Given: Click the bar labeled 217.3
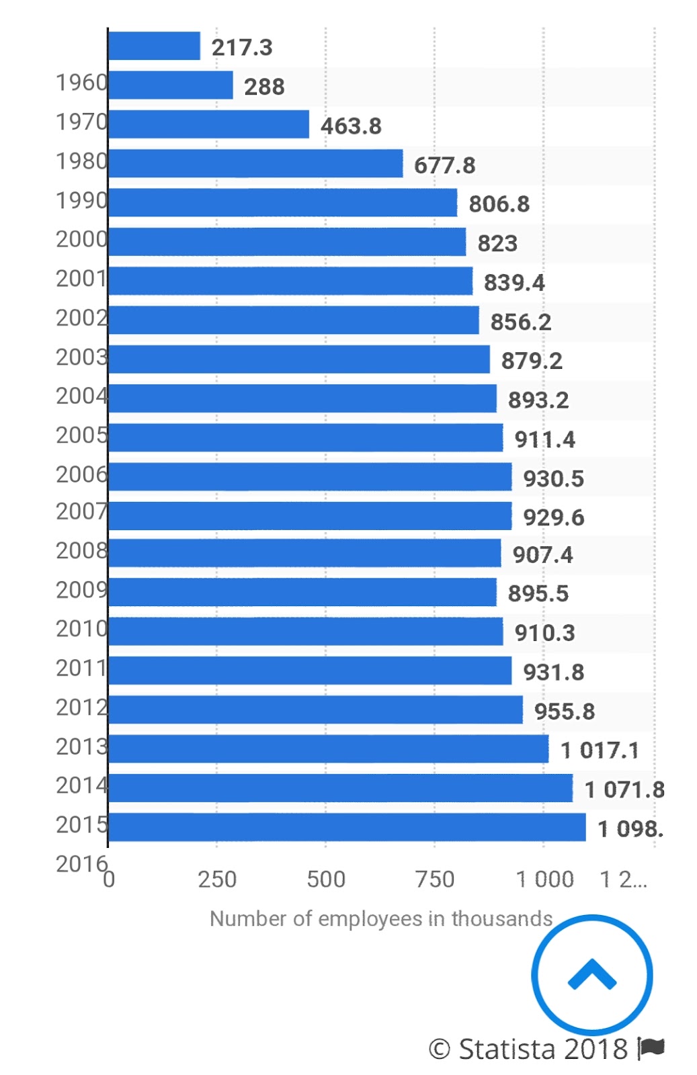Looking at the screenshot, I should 154,46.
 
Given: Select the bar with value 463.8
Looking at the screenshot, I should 208,124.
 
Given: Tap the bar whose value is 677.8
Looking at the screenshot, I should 255,163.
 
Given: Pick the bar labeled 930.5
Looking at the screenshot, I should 309,476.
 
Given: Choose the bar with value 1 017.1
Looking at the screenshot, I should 328,748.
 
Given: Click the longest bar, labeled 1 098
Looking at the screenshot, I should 346,827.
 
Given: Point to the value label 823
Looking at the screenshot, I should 497,243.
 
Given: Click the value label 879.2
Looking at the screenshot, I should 532,361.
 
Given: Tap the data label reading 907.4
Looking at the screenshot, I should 542,555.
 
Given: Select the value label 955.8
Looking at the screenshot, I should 565,712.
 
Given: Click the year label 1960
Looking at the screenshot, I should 81,83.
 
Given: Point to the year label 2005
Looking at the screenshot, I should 81,435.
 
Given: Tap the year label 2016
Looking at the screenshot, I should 81,864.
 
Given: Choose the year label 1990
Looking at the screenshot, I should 81,200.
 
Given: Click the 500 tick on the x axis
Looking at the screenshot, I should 326,879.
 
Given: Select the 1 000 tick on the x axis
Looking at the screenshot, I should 544,879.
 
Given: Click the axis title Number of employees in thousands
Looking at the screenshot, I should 381,918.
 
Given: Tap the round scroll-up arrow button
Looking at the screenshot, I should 591,975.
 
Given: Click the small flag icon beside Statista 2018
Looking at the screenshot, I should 651,1047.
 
